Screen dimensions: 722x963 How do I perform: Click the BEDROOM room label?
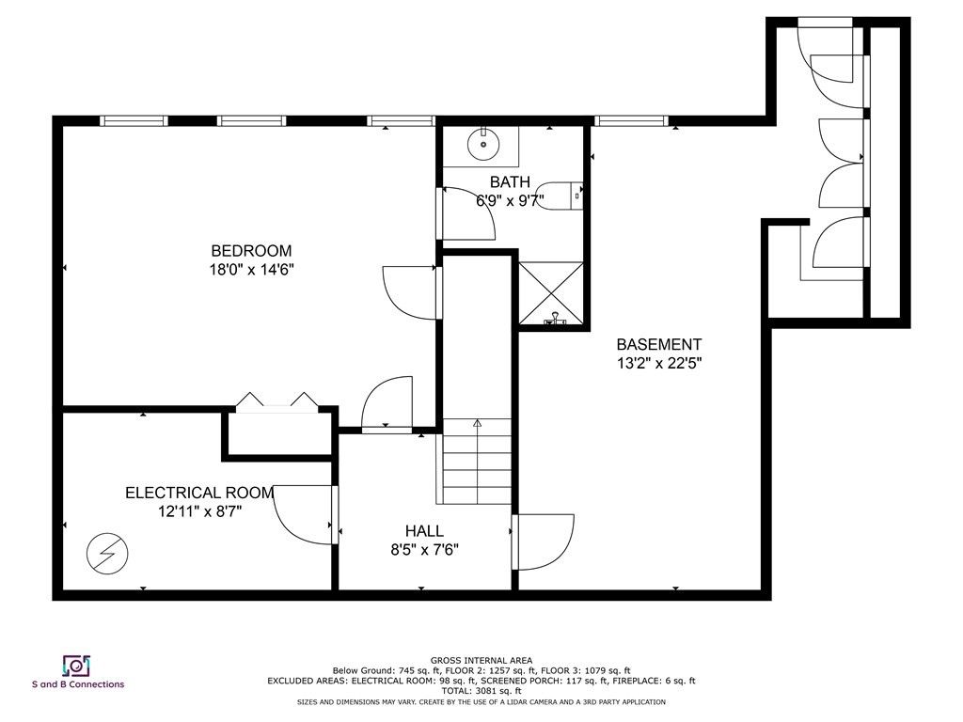pyautogui.click(x=251, y=251)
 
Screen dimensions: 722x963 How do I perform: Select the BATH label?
pyautogui.click(x=510, y=181)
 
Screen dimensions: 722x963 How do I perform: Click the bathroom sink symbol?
pyautogui.click(x=483, y=144)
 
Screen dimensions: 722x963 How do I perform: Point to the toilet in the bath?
pyautogui.click(x=567, y=196)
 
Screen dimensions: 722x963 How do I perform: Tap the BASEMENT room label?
pyautogui.click(x=658, y=345)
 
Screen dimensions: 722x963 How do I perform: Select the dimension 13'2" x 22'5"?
pyautogui.click(x=658, y=363)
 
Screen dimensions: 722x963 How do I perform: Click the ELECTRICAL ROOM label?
pyautogui.click(x=199, y=493)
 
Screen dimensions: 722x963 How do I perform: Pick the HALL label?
pyautogui.click(x=424, y=531)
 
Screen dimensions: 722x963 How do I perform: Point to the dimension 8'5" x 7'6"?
pyautogui.click(x=424, y=550)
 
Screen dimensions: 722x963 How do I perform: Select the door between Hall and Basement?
pyautogui.click(x=544, y=542)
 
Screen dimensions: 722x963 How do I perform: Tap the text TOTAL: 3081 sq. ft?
pyautogui.click(x=481, y=691)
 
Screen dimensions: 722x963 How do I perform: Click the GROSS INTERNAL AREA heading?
pyautogui.click(x=481, y=661)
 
